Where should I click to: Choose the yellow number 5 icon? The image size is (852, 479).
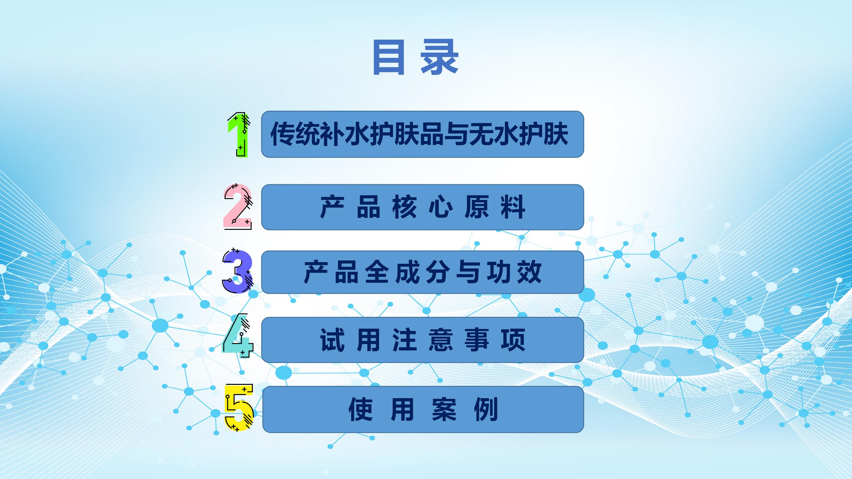click(239, 408)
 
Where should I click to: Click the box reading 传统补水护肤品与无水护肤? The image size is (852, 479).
click(422, 134)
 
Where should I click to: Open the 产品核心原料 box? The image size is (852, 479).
click(422, 207)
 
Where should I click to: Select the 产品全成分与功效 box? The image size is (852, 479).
click(422, 272)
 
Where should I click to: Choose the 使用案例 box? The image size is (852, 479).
click(423, 409)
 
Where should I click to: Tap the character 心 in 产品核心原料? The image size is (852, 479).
click(440, 207)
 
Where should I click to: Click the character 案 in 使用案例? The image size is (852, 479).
click(444, 409)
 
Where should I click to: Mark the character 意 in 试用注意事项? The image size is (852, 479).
click(441, 340)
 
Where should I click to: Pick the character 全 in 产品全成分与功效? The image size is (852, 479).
click(377, 272)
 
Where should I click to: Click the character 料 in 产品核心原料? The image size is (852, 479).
click(513, 207)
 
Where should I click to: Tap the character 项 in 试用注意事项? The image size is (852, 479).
click(513, 340)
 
